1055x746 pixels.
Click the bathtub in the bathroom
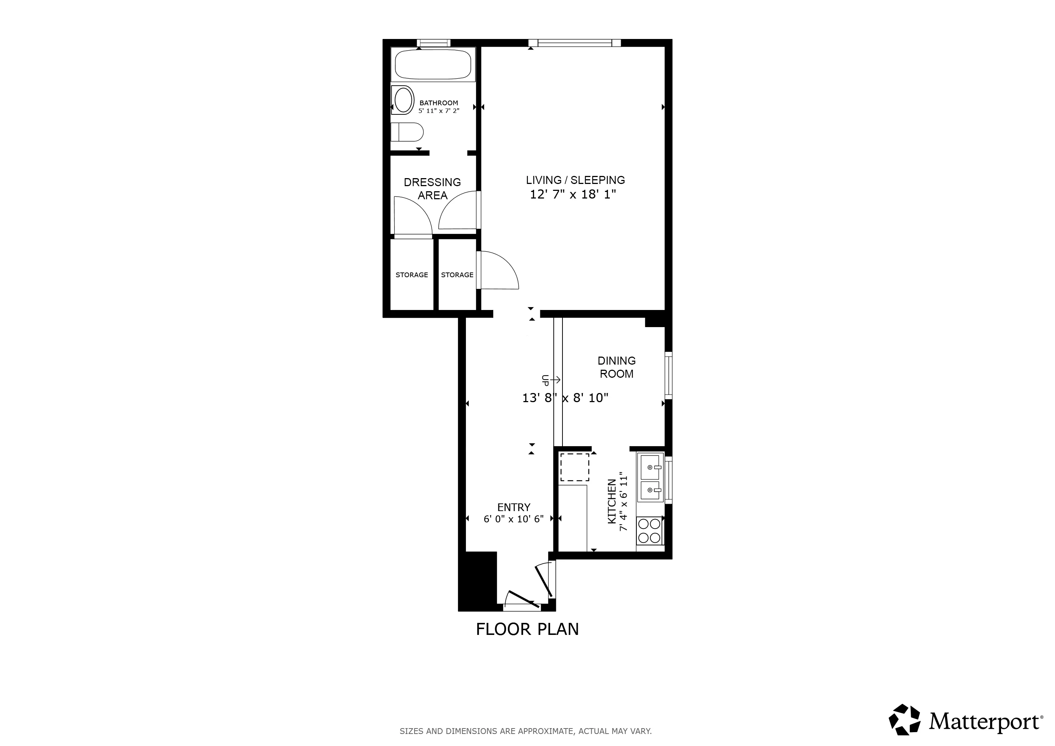(x=433, y=65)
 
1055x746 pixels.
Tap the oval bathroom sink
(x=403, y=100)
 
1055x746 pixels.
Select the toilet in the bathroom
(x=407, y=132)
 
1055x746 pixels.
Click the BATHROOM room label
(x=438, y=103)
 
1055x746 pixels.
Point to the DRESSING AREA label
(x=432, y=188)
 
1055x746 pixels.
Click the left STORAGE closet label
(x=412, y=275)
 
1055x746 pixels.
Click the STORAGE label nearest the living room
(x=457, y=275)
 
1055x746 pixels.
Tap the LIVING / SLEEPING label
(x=575, y=180)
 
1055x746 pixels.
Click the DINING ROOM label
(x=616, y=367)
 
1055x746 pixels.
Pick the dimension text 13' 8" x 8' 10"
(x=565, y=398)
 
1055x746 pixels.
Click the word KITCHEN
(x=612, y=502)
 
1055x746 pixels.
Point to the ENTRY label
(x=513, y=507)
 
